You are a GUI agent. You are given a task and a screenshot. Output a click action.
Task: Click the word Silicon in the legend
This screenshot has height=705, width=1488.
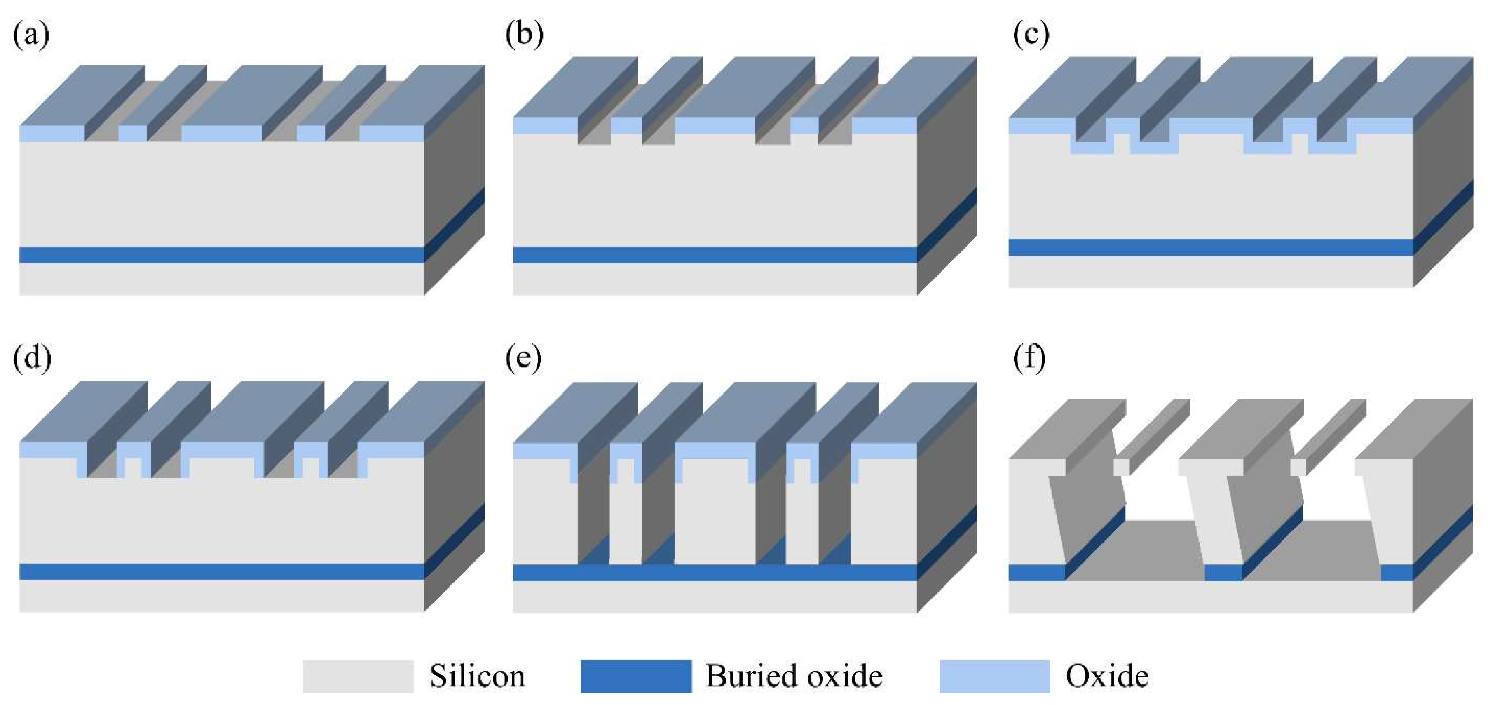click(477, 676)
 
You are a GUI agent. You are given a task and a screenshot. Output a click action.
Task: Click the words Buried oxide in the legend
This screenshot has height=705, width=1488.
click(794, 676)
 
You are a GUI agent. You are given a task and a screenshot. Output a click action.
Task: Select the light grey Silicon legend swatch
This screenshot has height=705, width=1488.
click(358, 676)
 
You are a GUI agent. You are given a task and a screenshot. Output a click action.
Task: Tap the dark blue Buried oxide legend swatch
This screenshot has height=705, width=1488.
click(636, 676)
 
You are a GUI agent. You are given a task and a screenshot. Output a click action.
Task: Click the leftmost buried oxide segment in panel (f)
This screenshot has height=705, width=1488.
click(1037, 573)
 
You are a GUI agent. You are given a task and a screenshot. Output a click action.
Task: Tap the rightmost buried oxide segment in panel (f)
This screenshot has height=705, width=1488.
click(1397, 573)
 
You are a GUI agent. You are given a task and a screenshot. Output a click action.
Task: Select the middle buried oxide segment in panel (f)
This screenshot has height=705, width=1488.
click(1223, 573)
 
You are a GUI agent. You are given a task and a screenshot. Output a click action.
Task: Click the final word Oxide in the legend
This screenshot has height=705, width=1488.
click(1107, 676)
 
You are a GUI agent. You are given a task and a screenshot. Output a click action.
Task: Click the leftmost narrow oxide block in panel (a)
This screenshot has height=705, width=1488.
click(133, 134)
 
